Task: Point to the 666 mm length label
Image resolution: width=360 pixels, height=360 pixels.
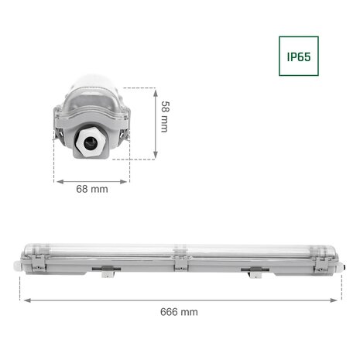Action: tap(180, 312)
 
